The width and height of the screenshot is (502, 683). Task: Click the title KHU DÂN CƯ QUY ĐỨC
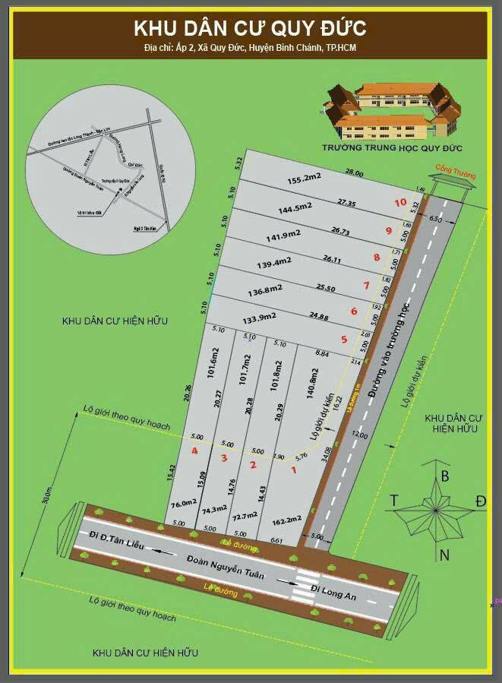tap(250, 29)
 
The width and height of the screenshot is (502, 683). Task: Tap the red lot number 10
tap(400, 203)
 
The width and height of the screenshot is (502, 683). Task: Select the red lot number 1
tap(294, 470)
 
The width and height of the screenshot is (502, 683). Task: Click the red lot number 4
tap(195, 451)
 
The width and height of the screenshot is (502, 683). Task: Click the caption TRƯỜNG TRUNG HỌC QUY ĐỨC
tap(392, 147)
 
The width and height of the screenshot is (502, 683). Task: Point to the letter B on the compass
tap(445, 476)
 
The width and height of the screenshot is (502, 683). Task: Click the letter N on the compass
tap(444, 555)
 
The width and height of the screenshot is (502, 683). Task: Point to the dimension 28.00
tap(354, 173)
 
